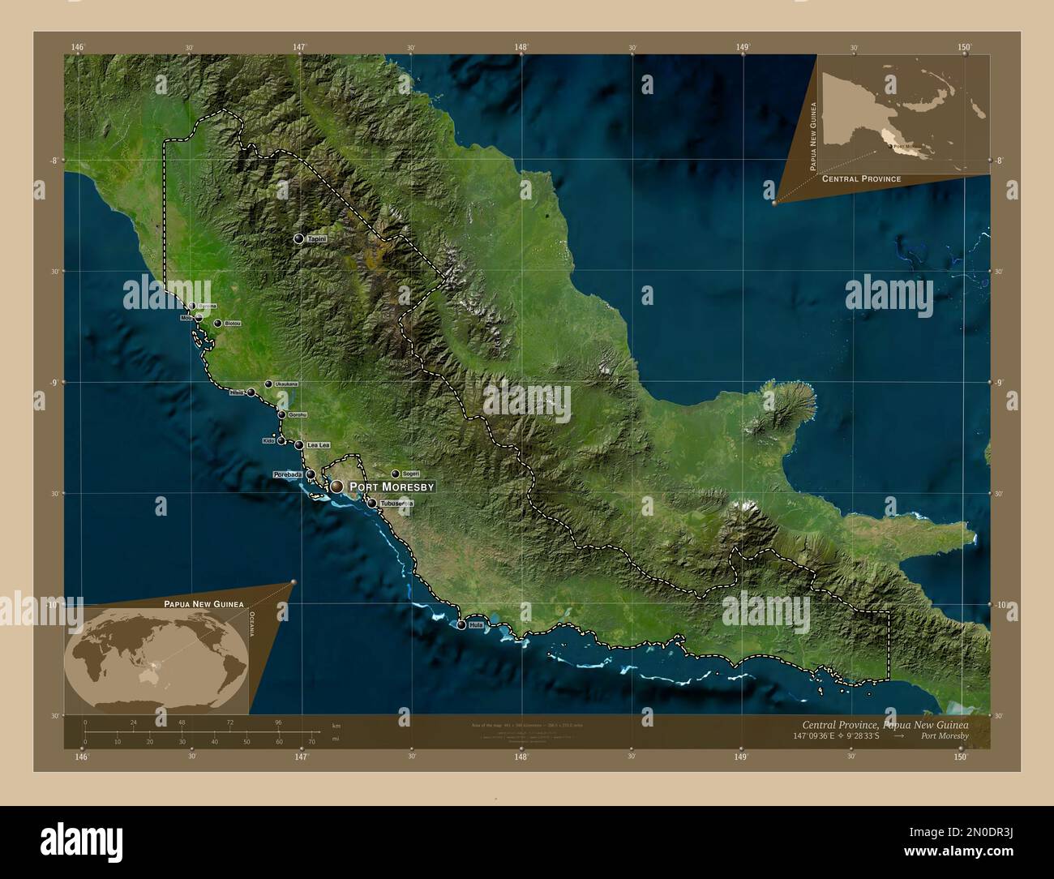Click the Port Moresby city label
click(392, 487)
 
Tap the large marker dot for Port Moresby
click(336, 487)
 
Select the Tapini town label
click(317, 239)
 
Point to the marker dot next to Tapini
click(299, 239)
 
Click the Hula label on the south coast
click(476, 625)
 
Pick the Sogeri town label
click(411, 474)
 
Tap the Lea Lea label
click(318, 445)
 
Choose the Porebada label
click(288, 474)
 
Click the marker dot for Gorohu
click(282, 415)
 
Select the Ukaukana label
click(287, 384)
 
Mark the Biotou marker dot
click(218, 324)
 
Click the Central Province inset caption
click(861, 178)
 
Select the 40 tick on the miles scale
click(214, 742)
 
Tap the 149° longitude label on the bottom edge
click(740, 757)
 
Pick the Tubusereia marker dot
click(372, 504)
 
